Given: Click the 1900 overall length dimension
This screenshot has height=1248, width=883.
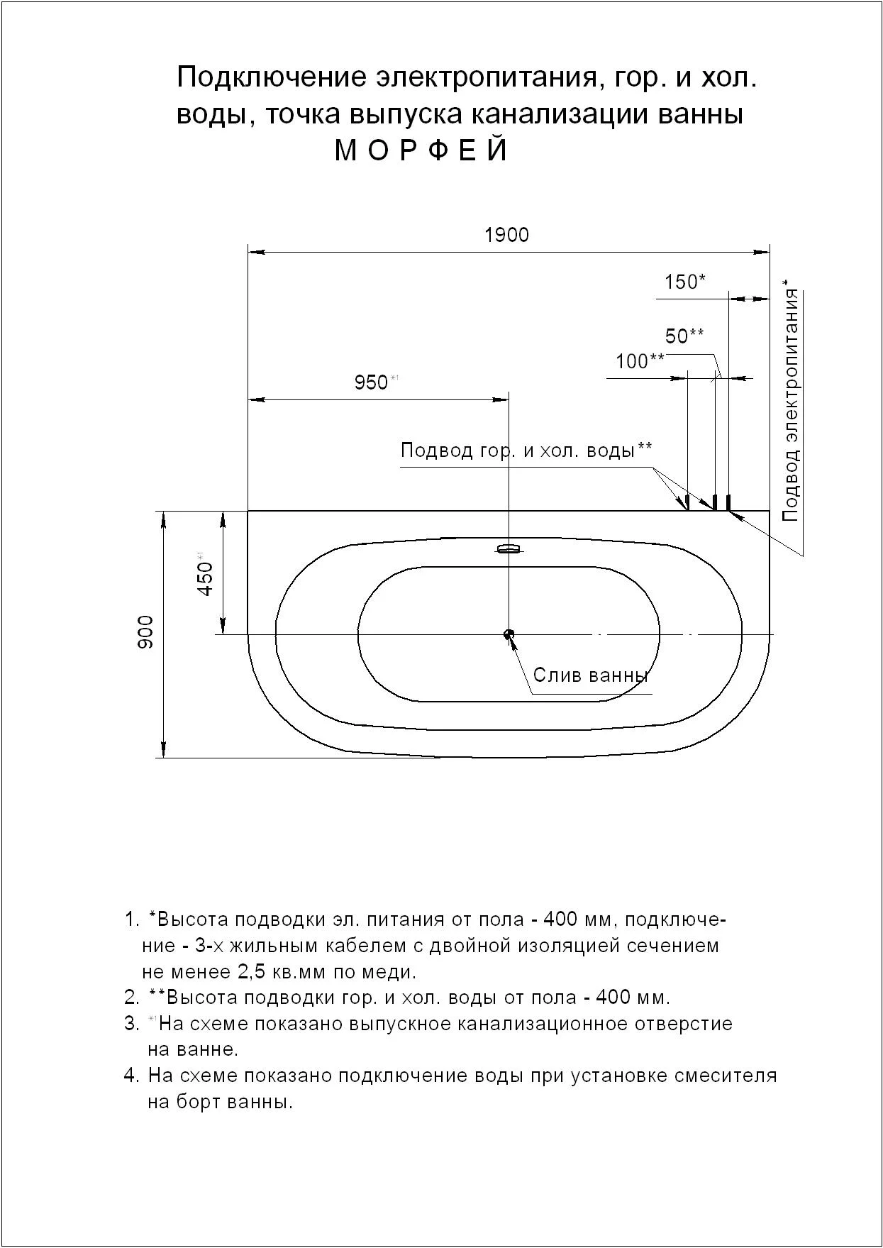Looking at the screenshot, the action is pyautogui.click(x=506, y=235).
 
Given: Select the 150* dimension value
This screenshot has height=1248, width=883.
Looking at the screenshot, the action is pyautogui.click(x=684, y=282).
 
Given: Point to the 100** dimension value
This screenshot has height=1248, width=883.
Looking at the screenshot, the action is pyautogui.click(x=640, y=361).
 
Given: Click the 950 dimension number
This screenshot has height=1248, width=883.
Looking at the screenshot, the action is pyautogui.click(x=371, y=383).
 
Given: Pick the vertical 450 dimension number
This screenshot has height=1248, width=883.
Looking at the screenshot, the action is pyautogui.click(x=204, y=578).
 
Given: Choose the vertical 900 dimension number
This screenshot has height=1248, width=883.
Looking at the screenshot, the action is pyautogui.click(x=145, y=631).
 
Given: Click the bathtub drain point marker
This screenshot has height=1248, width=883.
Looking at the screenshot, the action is pyautogui.click(x=509, y=634).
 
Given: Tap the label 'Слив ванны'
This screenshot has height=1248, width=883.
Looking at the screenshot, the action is pyautogui.click(x=591, y=675).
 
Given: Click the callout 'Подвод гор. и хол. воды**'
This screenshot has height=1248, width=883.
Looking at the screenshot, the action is pyautogui.click(x=526, y=450).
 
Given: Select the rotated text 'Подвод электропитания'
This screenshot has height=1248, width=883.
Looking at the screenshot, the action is pyautogui.click(x=791, y=405).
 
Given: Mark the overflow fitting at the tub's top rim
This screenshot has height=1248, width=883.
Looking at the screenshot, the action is pyautogui.click(x=509, y=548).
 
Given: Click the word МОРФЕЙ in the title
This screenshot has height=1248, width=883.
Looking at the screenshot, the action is pyautogui.click(x=421, y=150).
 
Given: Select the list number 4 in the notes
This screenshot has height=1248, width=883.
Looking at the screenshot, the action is pyautogui.click(x=130, y=1075).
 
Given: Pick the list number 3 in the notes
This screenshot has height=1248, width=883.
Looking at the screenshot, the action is pyautogui.click(x=130, y=1024).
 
